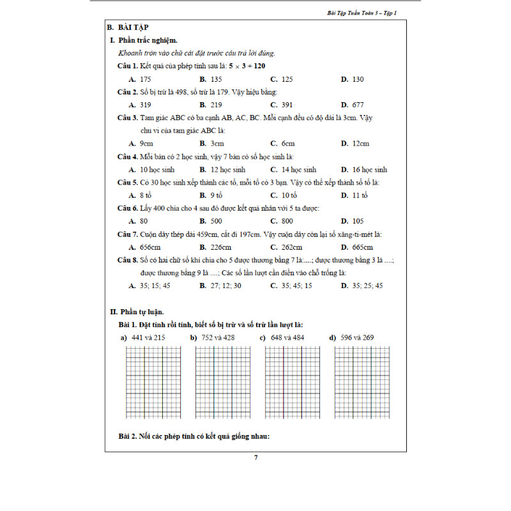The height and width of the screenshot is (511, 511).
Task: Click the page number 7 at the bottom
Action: coord(256,457)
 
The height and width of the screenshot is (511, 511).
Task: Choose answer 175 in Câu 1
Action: coord(145,79)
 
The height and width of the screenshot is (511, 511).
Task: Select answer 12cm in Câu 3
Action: coord(360,144)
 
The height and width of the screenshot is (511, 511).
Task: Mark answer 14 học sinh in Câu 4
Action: coord(298,170)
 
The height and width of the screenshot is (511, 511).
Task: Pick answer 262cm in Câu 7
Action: coord(292,247)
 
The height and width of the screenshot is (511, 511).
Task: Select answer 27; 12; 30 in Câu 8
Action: coord(226,286)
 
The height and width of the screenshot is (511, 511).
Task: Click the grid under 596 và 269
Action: coord(362,383)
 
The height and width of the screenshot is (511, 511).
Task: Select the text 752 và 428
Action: coord(218,337)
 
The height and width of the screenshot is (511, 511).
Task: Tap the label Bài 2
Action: coord(129,437)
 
